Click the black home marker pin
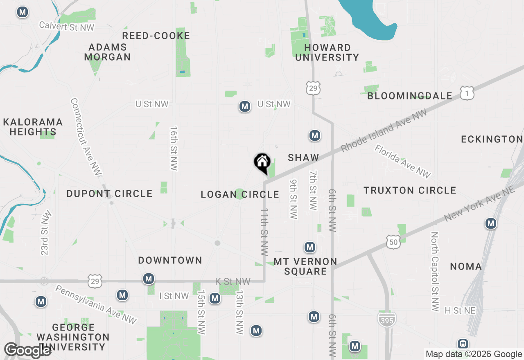[x=262, y=162]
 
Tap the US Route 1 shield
[x=467, y=93]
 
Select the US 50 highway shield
[x=393, y=242]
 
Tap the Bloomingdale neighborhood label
[x=410, y=96]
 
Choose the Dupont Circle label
[x=109, y=193]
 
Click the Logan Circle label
[x=240, y=195]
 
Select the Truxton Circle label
[x=410, y=190]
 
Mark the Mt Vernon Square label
[x=305, y=266]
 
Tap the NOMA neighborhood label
[x=466, y=267]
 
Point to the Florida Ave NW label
[x=402, y=161]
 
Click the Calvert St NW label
[x=67, y=26]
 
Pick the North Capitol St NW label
[x=435, y=272]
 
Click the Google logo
[x=27, y=350]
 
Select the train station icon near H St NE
[x=463, y=344]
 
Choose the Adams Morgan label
[x=107, y=52]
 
